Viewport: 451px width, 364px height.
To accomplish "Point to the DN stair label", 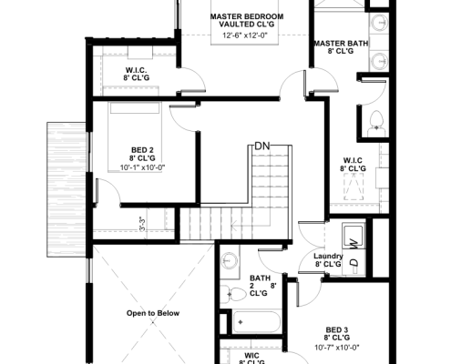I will click(x=262, y=146).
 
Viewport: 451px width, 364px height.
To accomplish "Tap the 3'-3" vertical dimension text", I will click(x=142, y=224).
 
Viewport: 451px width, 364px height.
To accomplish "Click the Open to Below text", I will click(x=152, y=313).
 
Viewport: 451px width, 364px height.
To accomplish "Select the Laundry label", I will click(x=328, y=256).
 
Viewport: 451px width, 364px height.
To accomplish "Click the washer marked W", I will click(x=352, y=240).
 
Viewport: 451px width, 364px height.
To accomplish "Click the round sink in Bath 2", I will click(x=231, y=258).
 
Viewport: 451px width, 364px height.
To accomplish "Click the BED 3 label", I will click(x=337, y=329).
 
